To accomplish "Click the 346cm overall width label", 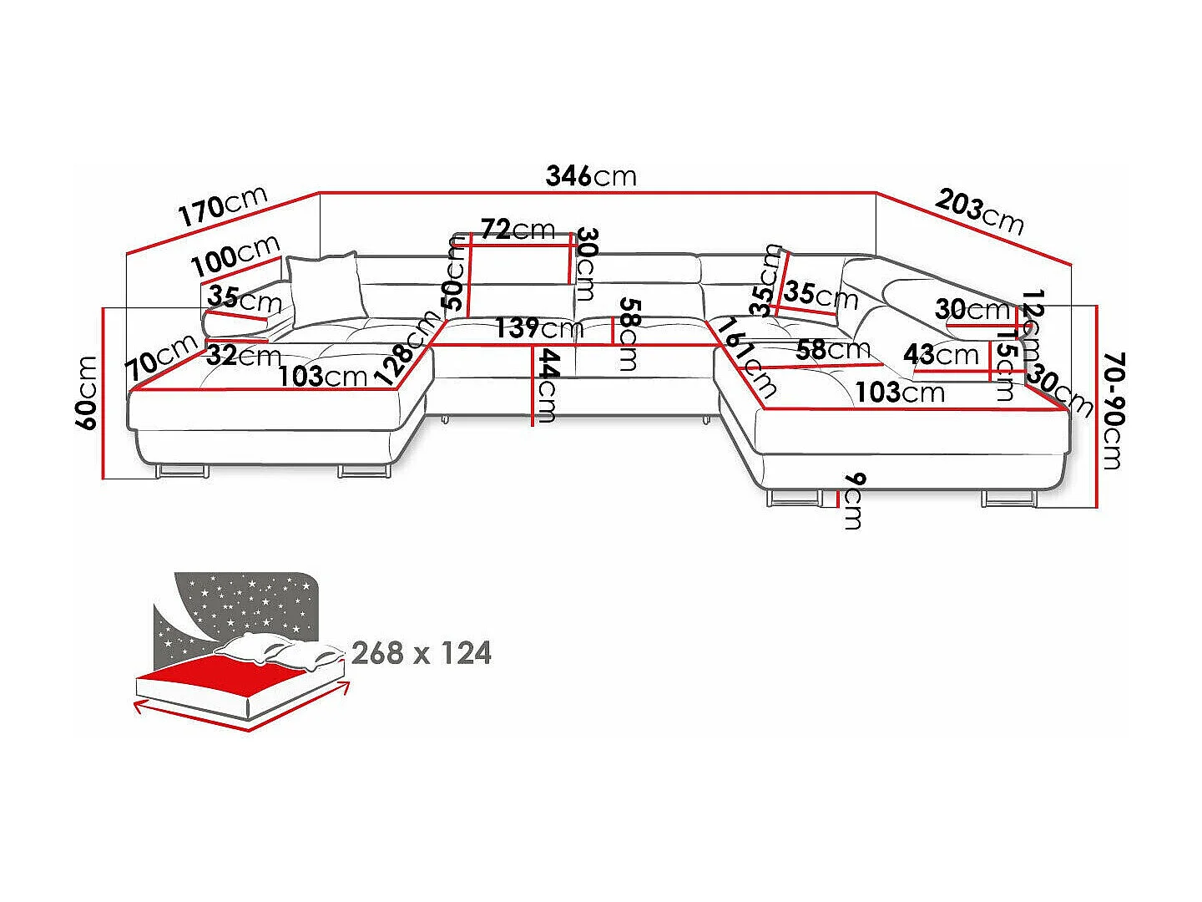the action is [x=591, y=175].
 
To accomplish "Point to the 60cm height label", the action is [x=87, y=393].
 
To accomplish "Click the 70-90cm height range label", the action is [x=1114, y=411].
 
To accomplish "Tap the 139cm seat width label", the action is [x=539, y=328].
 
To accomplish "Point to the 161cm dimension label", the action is [x=747, y=358].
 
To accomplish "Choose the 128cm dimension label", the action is [x=408, y=347].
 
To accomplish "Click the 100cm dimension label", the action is [x=236, y=256].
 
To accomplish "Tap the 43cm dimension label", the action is [x=941, y=355].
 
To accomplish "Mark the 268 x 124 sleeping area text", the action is [x=421, y=653].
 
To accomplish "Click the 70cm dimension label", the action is [x=162, y=357].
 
